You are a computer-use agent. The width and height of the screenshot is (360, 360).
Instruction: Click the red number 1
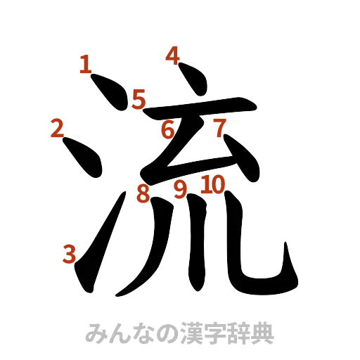coord(85,66)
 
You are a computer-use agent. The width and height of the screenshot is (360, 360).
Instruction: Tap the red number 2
coord(58,128)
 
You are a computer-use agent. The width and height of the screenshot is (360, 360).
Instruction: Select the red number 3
coord(69,253)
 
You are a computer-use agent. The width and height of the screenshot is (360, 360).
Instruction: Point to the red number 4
coord(172,55)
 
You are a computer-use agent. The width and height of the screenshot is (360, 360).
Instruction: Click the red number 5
coord(138,99)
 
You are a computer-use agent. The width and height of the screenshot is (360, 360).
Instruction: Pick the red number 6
coord(167,129)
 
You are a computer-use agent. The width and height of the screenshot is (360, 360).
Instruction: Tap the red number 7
coord(219,128)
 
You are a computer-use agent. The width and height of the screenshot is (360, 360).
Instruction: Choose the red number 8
coord(143,193)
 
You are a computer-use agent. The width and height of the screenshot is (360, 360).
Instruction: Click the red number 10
coord(212,185)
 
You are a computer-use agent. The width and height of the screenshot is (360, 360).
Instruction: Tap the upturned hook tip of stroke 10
coord(289,255)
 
